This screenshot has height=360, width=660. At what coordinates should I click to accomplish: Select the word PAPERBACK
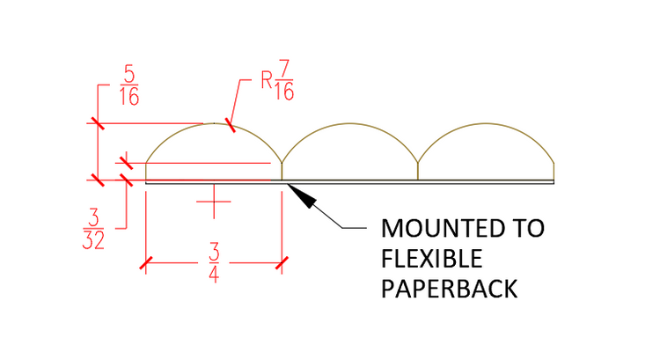(448, 288)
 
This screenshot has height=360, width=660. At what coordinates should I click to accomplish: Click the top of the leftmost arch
(213, 123)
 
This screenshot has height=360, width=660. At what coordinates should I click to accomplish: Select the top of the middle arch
(349, 123)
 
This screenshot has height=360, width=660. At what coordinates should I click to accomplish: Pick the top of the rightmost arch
(486, 123)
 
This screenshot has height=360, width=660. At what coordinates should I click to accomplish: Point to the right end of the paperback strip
(553, 181)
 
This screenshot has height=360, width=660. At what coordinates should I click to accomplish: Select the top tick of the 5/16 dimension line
(96, 123)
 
